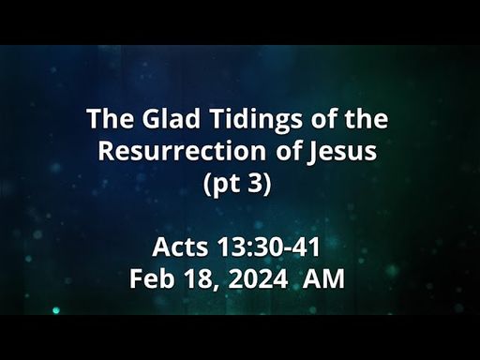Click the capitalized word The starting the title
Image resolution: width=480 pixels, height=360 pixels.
[111, 119]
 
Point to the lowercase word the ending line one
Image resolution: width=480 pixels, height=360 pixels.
[367, 119]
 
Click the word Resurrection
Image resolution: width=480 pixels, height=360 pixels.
[182, 151]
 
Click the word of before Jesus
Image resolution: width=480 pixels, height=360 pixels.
[286, 151]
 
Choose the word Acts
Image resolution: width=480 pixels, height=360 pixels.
[180, 247]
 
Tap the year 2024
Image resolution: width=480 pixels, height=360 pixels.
[258, 278]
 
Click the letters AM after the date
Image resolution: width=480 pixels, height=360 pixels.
[323, 278]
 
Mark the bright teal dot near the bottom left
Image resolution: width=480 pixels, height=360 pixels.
[56, 310]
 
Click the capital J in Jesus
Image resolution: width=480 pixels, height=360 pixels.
[313, 153]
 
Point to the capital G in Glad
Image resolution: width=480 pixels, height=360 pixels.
[152, 119]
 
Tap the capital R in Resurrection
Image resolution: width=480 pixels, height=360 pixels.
[106, 151]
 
